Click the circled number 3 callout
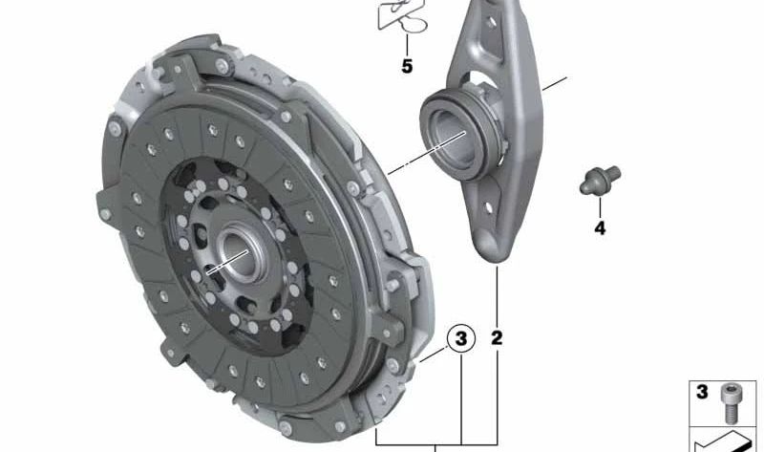coord(460,338)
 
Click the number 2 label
coord(497,338)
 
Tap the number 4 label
coord(600,227)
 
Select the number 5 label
coord(407,66)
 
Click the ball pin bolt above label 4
coord(600,180)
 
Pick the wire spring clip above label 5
coord(402,14)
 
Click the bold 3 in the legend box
coord(702,392)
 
